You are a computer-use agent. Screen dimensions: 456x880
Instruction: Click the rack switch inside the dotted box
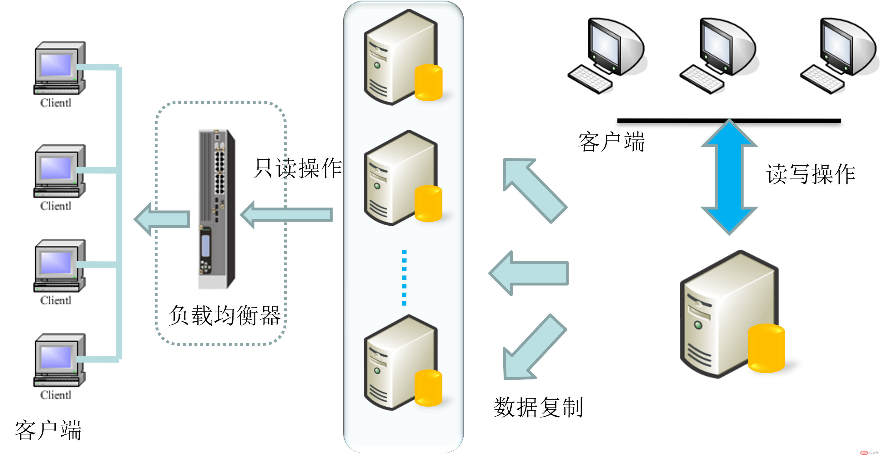click(x=218, y=209)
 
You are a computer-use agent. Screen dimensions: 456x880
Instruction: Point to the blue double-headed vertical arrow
click(x=729, y=177)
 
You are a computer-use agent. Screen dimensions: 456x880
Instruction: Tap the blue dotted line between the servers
click(x=404, y=277)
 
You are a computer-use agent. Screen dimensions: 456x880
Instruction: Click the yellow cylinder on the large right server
click(x=766, y=348)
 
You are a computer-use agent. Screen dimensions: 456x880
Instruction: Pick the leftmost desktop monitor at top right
click(x=607, y=56)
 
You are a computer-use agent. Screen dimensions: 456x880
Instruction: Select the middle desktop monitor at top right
click(x=719, y=56)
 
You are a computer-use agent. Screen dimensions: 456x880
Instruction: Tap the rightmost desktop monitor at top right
click(x=839, y=56)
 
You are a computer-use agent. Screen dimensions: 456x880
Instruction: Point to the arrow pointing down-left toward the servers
click(x=533, y=348)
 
